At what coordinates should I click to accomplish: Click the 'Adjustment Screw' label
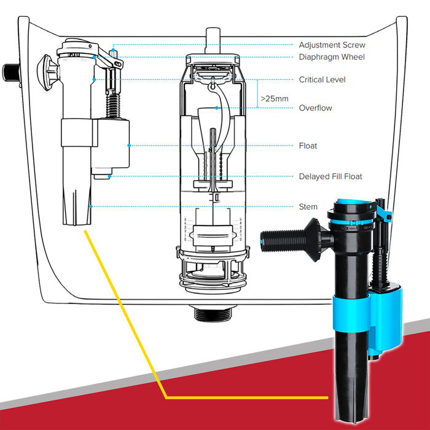(332, 45)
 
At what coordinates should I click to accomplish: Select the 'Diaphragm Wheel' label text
(332, 57)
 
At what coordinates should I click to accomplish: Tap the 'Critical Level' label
(322, 80)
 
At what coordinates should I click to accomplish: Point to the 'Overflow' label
(315, 108)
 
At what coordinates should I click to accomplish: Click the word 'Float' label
(308, 146)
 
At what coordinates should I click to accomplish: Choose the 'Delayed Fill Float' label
(330, 177)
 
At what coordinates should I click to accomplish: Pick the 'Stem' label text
(308, 207)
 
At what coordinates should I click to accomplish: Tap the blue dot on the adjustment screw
(113, 45)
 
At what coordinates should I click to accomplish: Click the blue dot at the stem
(91, 206)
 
